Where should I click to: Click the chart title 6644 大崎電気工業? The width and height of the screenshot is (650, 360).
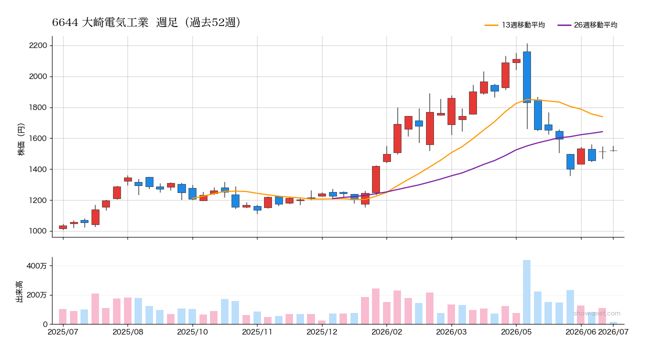pyautogui.click(x=100, y=22)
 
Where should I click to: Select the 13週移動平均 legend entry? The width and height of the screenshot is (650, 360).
pyautogui.click(x=515, y=25)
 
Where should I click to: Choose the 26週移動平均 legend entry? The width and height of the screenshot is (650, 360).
pyautogui.click(x=587, y=25)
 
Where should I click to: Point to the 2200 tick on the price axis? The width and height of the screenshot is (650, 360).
pyautogui.click(x=38, y=45)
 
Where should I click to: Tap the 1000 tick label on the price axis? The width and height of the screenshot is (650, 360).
pyautogui.click(x=38, y=231)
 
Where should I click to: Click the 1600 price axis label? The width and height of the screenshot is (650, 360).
pyautogui.click(x=38, y=138)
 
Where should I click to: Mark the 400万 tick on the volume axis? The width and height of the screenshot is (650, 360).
pyautogui.click(x=36, y=265)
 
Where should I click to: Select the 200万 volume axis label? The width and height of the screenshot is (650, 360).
pyautogui.click(x=36, y=295)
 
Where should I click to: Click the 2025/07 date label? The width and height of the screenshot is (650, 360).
pyautogui.click(x=63, y=332)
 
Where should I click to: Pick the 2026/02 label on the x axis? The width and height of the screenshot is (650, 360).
pyautogui.click(x=387, y=332)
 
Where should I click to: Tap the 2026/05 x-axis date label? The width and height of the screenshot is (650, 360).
pyautogui.click(x=516, y=332)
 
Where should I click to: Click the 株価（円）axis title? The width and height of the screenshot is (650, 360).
pyautogui.click(x=21, y=139)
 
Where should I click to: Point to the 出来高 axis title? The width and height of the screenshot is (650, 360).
pyautogui.click(x=19, y=291)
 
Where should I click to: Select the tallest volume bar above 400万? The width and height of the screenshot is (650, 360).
pyautogui.click(x=526, y=292)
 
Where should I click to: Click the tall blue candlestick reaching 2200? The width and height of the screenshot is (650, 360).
pyautogui.click(x=527, y=77)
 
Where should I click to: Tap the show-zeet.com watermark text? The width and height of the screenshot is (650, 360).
pyautogui.click(x=597, y=313)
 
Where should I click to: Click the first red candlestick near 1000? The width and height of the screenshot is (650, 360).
pyautogui.click(x=63, y=227)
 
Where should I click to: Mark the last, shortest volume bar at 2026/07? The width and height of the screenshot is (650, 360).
pyautogui.click(x=613, y=323)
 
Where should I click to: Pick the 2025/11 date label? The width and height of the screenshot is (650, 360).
pyautogui.click(x=257, y=332)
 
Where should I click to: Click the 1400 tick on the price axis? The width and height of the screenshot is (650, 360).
pyautogui.click(x=38, y=169)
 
